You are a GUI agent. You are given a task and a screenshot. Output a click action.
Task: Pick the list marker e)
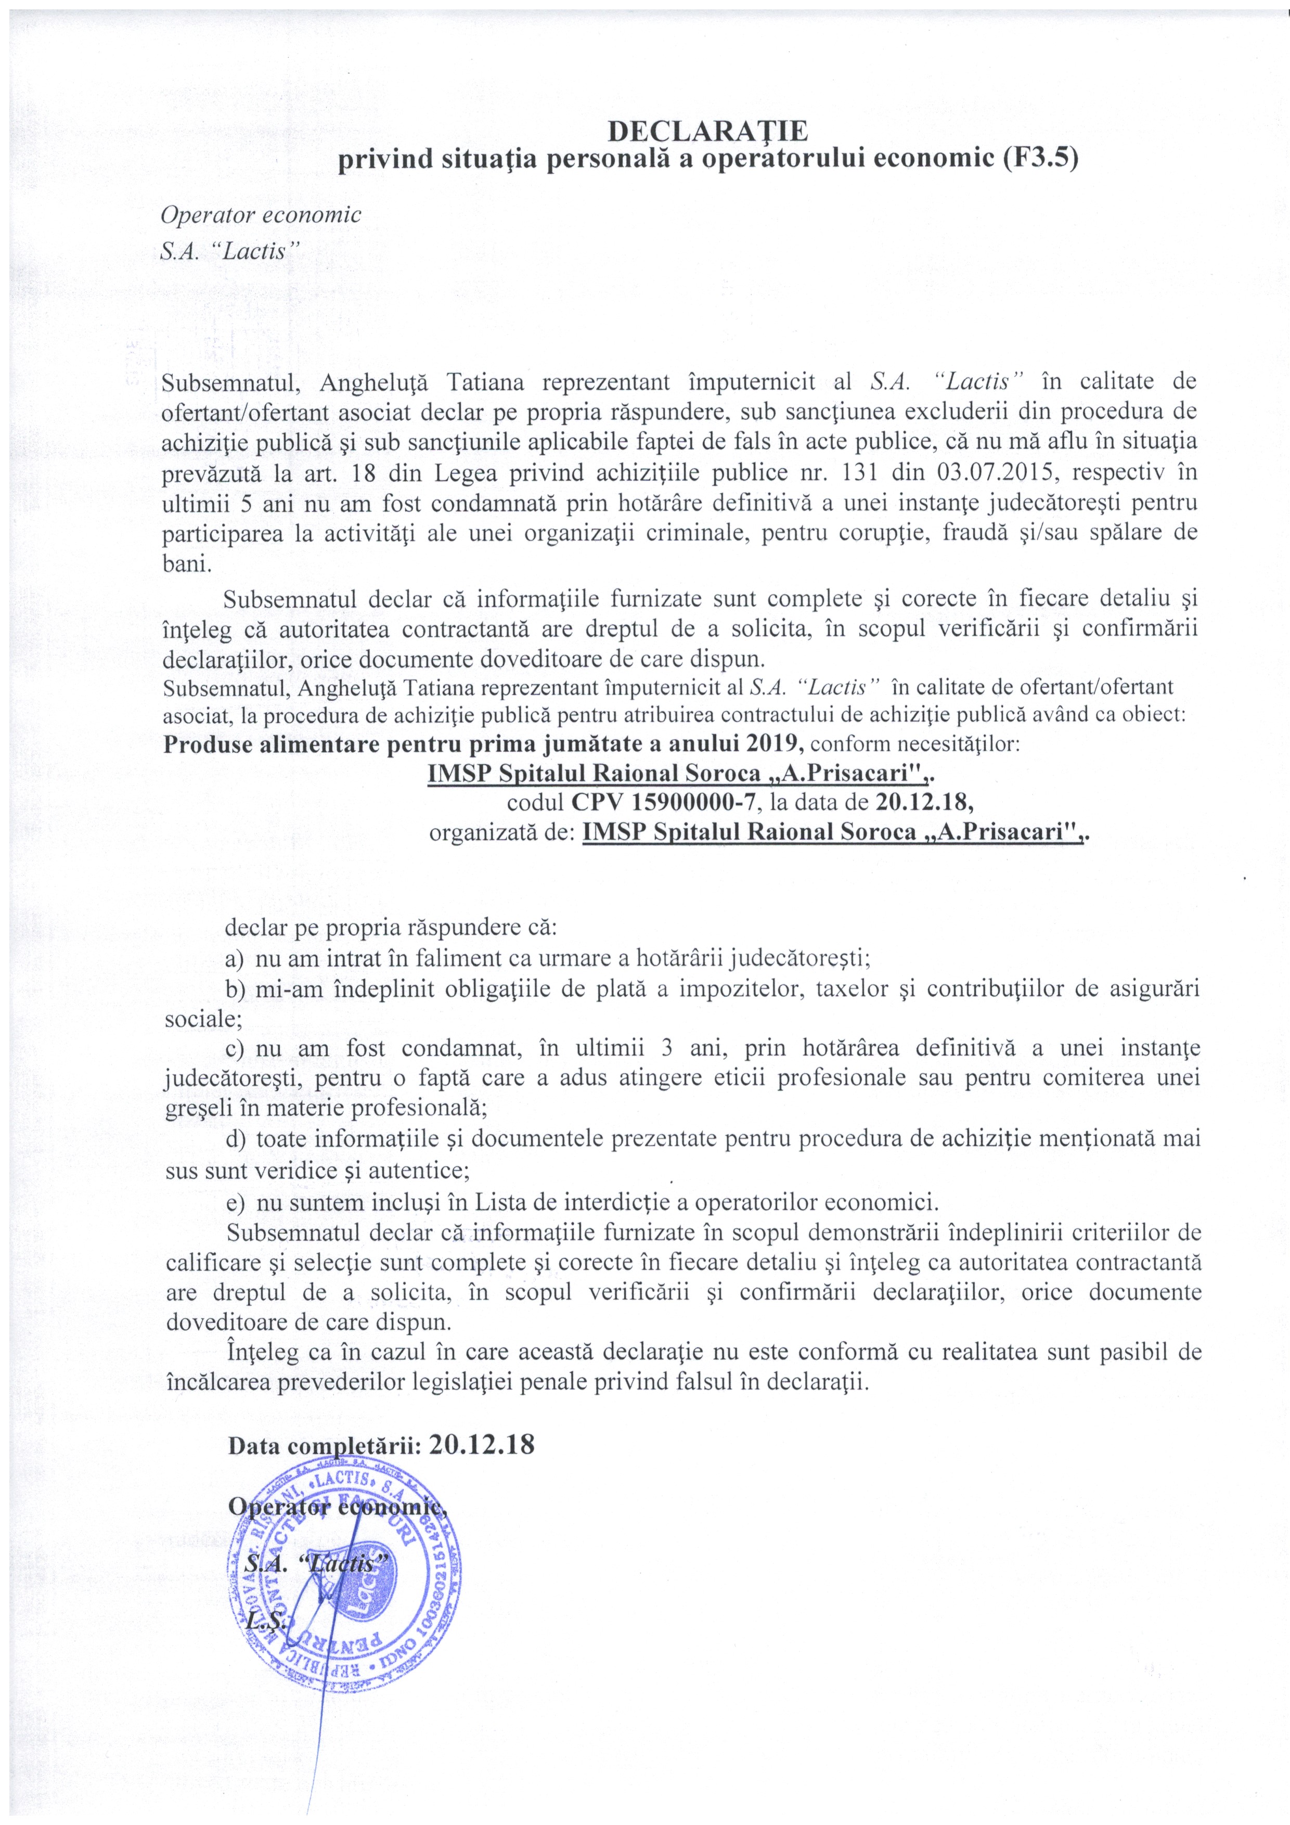236,1200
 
